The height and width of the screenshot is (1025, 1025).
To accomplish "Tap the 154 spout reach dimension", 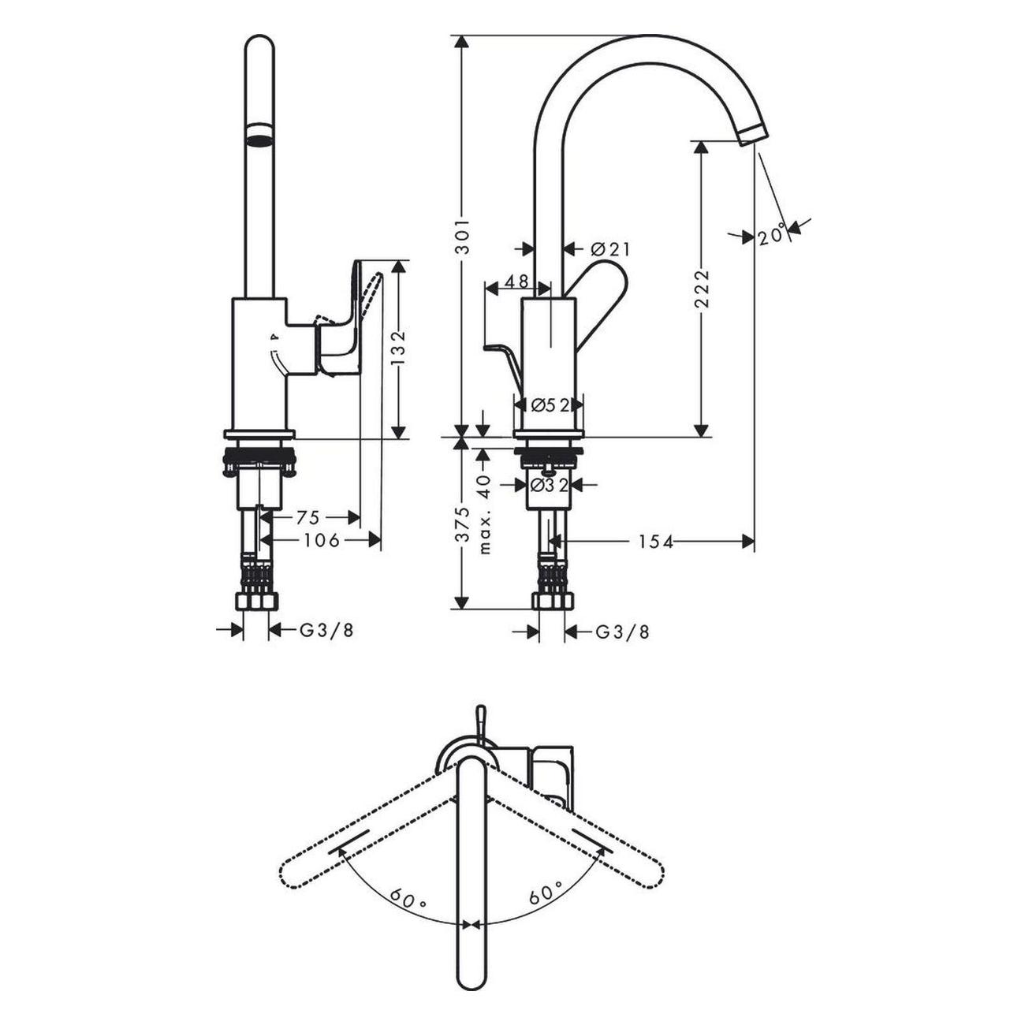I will pos(656,542).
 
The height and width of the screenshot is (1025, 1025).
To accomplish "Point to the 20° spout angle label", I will pos(772,235).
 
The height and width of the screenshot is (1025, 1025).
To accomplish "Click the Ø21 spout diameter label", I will pos(610,249).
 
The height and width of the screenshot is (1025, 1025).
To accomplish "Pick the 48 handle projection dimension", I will pos(516,281).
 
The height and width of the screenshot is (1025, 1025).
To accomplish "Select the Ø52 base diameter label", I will pos(550,404).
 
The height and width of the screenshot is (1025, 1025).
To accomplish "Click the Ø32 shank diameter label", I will pos(550,485).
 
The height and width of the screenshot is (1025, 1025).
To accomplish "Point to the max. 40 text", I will pos(485,512).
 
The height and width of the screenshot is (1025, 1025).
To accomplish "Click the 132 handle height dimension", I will pos(399,347).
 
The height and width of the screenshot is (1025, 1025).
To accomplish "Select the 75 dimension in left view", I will pos(308,517).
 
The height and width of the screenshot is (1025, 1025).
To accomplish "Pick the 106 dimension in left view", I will pos(322,540).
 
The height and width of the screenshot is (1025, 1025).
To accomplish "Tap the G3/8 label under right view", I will pos(622,632).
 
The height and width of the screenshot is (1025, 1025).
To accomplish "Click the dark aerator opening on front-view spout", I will pos(259,140).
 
